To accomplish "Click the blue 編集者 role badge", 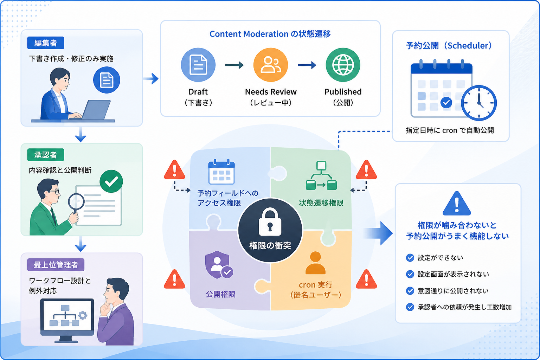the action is pos(46,43).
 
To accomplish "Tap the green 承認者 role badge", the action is pos(46,155).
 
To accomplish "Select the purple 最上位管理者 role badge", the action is pos(56,265).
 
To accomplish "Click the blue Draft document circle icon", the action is pos(198,65).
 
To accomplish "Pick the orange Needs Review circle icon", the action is pos(270,65).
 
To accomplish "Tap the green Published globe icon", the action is pos(343,65).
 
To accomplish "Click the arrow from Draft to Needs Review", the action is pos(234,65).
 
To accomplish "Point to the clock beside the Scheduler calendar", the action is pos(479,103).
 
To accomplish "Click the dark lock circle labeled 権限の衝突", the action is pos(270,230).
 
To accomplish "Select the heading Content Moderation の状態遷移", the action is pos(270,34).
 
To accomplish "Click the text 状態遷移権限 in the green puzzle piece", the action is pos(321,203).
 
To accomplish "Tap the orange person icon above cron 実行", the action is pos(315,263).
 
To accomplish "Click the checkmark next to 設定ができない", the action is pos(410,258).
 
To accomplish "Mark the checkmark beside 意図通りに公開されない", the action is pos(410,291).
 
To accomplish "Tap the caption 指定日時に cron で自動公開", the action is pos(450,130).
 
